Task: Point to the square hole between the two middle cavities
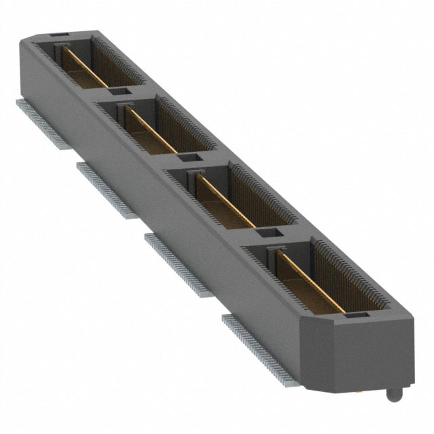click(x=191, y=159)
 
